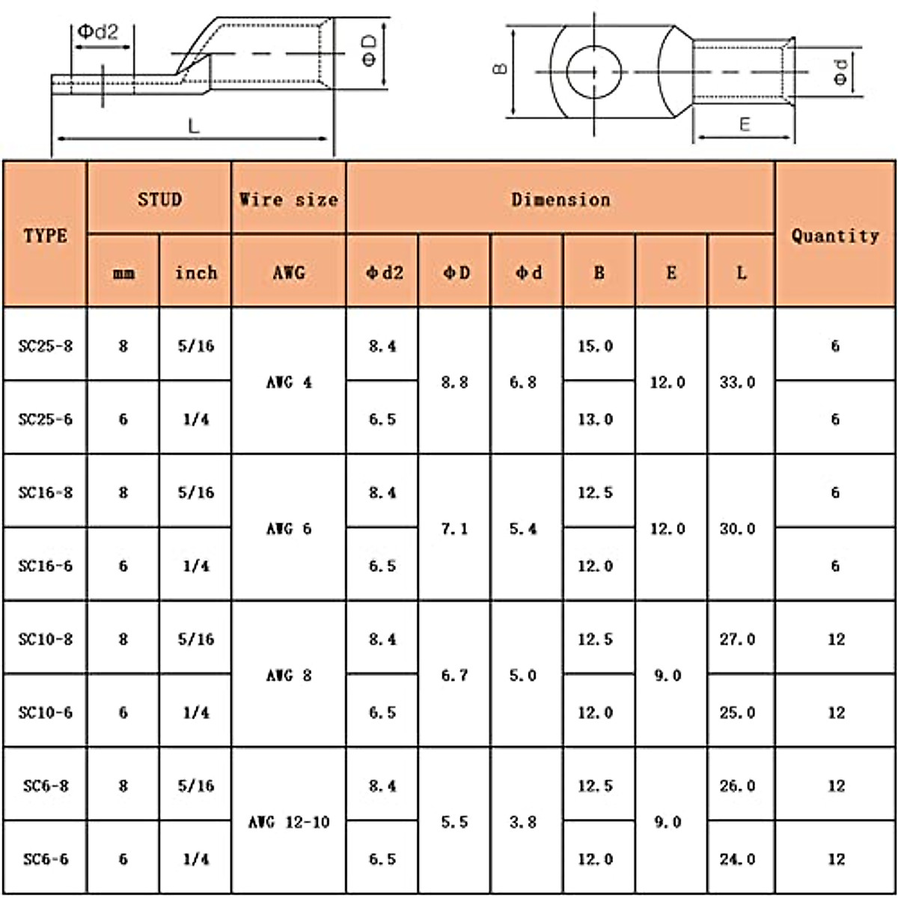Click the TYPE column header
pyautogui.click(x=45, y=235)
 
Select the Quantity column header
pyautogui.click(x=835, y=235)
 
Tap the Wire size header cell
pyautogui.click(x=289, y=199)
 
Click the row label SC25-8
pyautogui.click(x=46, y=346)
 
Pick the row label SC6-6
pyautogui.click(x=46, y=859)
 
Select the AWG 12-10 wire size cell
pyautogui.click(x=289, y=822)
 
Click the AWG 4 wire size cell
pyautogui.click(x=289, y=382)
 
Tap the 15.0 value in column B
pyautogui.click(x=596, y=346)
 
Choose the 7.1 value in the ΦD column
pyautogui.click(x=455, y=529)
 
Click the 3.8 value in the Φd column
pyautogui.click(x=523, y=822)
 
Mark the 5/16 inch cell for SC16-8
pyautogui.click(x=196, y=492)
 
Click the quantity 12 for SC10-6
pyautogui.click(x=836, y=712)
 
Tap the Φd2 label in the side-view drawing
pyautogui.click(x=98, y=31)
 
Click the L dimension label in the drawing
pyautogui.click(x=194, y=126)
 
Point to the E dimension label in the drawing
pyautogui.click(x=744, y=124)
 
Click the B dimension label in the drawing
pyautogui.click(x=501, y=70)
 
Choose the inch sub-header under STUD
pyautogui.click(x=196, y=273)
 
